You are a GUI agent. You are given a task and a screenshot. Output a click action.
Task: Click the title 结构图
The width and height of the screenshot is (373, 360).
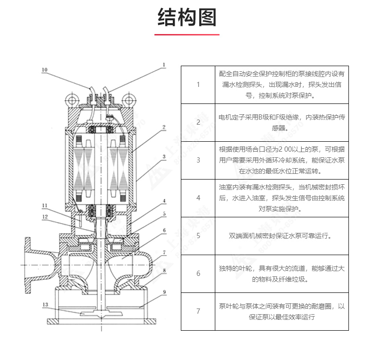point(186,17)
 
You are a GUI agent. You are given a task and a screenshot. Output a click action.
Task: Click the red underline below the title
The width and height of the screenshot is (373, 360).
point(186,34)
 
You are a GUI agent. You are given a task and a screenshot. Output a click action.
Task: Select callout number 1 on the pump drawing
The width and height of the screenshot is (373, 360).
point(164,65)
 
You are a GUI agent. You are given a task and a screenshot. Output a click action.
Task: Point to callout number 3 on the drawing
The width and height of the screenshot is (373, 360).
point(164,156)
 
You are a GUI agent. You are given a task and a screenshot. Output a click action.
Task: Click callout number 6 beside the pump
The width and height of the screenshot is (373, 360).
point(164,230)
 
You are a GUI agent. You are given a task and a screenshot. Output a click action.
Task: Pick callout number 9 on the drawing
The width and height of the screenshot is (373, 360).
point(164,292)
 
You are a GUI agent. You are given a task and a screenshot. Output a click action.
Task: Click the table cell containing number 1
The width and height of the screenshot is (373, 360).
point(198,85)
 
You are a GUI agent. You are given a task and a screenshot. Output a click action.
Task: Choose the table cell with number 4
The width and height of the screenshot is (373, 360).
point(198,198)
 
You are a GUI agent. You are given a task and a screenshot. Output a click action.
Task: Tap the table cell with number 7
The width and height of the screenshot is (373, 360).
point(198,311)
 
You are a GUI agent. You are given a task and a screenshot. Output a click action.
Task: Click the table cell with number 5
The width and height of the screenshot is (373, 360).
point(198,236)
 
